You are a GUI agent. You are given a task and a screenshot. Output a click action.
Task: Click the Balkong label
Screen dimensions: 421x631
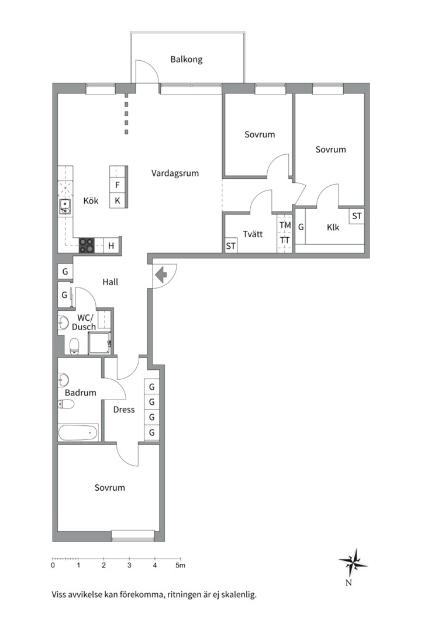pos(186,60)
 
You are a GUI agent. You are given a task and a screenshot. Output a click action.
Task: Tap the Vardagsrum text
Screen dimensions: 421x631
pos(175,174)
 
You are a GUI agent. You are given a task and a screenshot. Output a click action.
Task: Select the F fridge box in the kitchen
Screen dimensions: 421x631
pos(117,185)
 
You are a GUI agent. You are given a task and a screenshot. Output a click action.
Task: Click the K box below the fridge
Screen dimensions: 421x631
pos(117,200)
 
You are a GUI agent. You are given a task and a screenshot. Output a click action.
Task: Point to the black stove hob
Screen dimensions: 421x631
pos(86,245)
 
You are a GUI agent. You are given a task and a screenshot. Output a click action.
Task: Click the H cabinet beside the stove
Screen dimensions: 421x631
pos(111,245)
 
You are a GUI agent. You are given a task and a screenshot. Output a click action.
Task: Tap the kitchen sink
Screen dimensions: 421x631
pos(64,207)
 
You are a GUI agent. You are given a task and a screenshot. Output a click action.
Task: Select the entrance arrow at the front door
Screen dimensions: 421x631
pos(161,275)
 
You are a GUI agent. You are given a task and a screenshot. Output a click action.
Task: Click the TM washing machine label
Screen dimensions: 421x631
pos(285,226)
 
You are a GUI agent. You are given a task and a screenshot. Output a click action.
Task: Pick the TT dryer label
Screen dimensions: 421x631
pos(285,241)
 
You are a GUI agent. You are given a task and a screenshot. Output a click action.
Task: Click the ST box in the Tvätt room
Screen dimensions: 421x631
pos(230,245)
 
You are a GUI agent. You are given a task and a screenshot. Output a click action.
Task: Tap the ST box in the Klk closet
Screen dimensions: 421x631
pos(357,216)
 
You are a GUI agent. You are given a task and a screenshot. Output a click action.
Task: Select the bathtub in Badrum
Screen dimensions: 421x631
pos(78,433)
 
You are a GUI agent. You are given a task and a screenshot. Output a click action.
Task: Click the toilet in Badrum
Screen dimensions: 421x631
pos(66,404)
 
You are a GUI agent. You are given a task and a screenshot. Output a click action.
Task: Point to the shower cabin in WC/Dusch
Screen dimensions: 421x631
pos(99,342)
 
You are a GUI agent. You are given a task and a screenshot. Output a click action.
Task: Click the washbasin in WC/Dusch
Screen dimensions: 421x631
pos(63,323)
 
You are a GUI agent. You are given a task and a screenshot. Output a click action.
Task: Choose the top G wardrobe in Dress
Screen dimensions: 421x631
pos(152,387)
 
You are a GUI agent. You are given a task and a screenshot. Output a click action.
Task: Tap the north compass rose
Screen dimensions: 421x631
pos(353,563)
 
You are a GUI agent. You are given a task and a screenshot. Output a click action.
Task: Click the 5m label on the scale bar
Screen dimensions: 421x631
pos(181,566)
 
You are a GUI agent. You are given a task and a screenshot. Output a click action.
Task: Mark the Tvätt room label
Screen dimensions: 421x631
pos(253,234)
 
